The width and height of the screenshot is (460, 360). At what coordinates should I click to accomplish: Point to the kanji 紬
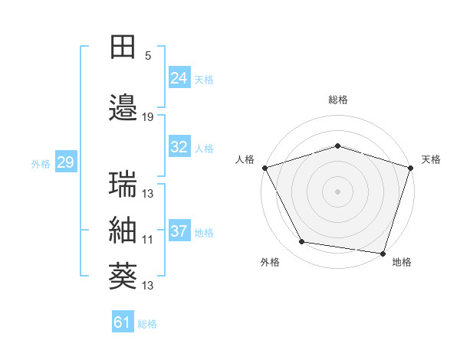coord(123,231)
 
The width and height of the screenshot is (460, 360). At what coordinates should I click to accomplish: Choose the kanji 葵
coord(123,277)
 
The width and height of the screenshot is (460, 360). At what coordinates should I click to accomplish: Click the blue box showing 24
coord(179,78)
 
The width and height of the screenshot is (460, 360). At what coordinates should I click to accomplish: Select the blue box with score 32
coord(179,147)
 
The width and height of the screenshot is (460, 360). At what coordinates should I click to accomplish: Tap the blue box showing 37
coord(179,231)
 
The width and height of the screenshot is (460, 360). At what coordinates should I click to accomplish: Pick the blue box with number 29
coord(65,162)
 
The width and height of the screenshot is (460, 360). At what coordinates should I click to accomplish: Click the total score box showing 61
coord(123,322)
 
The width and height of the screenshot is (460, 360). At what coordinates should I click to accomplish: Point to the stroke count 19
coord(148,117)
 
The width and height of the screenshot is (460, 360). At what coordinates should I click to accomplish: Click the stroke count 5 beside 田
coord(148,56)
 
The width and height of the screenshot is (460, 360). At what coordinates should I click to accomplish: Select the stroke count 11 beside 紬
coord(148,240)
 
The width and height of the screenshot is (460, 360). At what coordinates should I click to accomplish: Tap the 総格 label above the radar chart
coord(337,100)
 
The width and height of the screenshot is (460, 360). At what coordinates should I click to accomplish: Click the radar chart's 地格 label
coord(402,262)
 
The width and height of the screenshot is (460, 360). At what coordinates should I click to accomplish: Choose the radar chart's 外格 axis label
coord(270,262)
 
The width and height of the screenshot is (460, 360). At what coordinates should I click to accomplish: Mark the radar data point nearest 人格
coord(264,168)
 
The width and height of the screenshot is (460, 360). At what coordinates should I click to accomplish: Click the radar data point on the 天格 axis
coord(410,168)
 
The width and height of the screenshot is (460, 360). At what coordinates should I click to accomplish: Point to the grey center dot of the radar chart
coord(337,191)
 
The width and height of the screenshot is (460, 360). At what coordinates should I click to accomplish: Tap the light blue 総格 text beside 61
coord(147,324)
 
